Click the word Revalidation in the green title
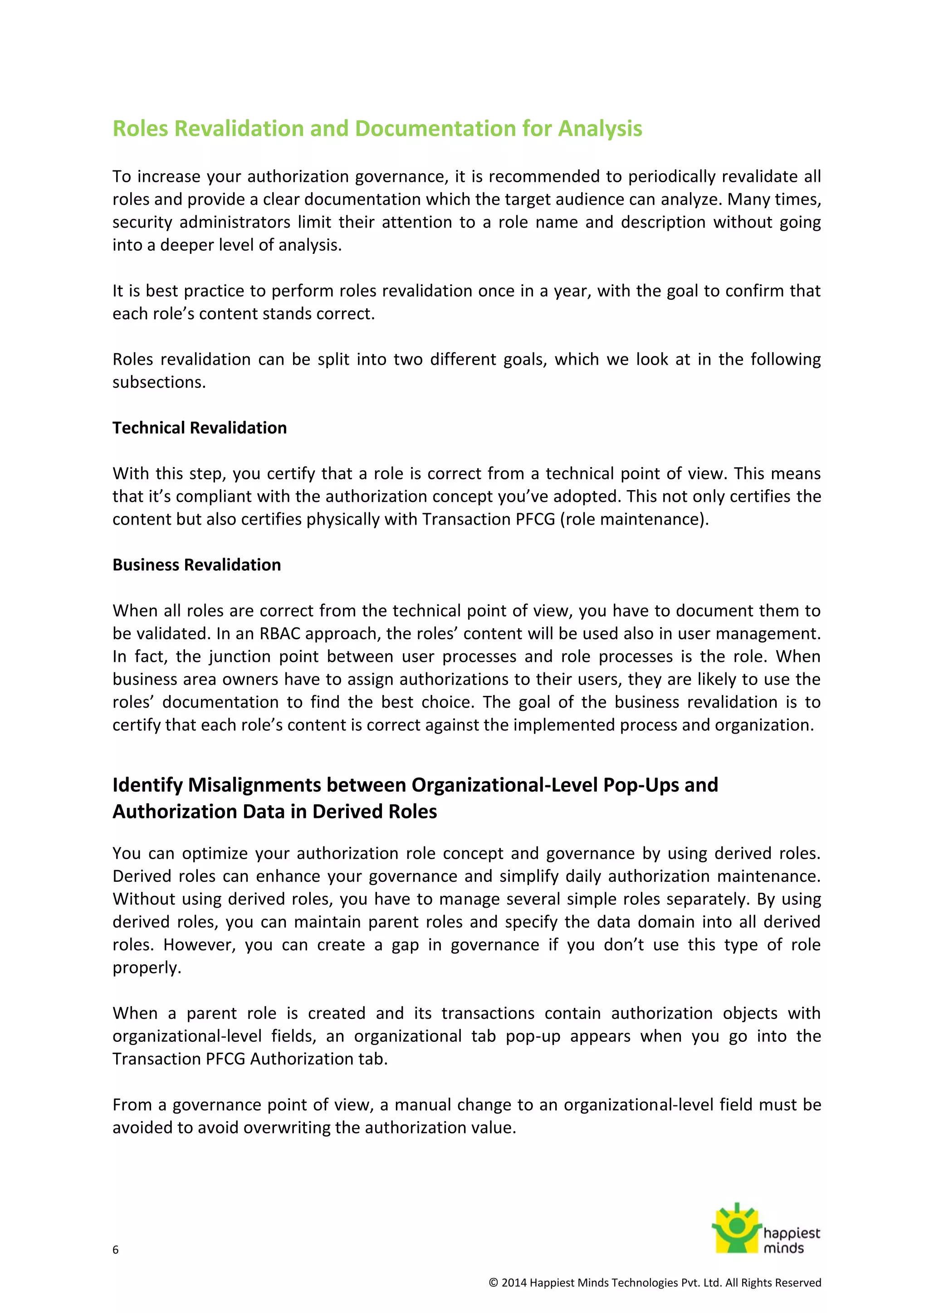click(239, 129)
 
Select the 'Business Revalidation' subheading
click(196, 565)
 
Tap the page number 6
click(116, 1250)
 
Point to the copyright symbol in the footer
click(493, 1283)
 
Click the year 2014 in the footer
click(513, 1283)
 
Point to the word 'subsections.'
click(158, 382)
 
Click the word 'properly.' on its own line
click(147, 968)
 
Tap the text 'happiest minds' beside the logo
click(791, 1240)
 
